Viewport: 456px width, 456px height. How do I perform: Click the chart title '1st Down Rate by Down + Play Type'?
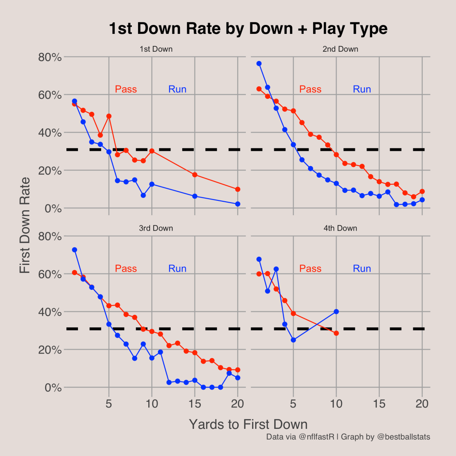[x=248, y=29]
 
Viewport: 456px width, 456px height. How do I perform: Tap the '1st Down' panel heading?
[x=156, y=49]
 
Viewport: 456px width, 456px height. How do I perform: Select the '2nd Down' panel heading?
[x=340, y=49]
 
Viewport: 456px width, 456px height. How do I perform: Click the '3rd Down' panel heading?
[x=156, y=228]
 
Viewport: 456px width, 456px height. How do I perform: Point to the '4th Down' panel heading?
[x=340, y=228]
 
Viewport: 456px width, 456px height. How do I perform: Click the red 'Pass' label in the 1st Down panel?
[x=126, y=89]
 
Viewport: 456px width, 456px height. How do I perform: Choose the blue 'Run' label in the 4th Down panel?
[x=362, y=269]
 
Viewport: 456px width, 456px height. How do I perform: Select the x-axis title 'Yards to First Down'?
[x=248, y=423]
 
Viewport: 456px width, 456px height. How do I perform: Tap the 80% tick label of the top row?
[x=50, y=57]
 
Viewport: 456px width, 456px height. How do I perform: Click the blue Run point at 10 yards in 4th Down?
[x=336, y=312]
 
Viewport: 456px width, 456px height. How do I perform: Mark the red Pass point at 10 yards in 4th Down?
[x=336, y=333]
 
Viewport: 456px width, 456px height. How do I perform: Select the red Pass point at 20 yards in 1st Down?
[x=237, y=189]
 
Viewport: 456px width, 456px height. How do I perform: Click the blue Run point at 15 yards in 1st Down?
[x=195, y=196]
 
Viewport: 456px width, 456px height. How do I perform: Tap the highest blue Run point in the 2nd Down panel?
[x=259, y=64]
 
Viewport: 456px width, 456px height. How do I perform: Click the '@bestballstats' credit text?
[x=403, y=437]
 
